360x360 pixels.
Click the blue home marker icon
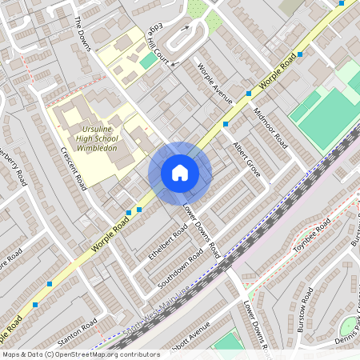pos(180,173)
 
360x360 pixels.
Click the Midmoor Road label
pos(270,128)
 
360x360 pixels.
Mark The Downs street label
pos(83,33)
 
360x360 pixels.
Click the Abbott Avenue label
pos(189,335)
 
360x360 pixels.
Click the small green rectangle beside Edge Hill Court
pos(149,60)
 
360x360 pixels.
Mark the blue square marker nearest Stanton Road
pos(50,284)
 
